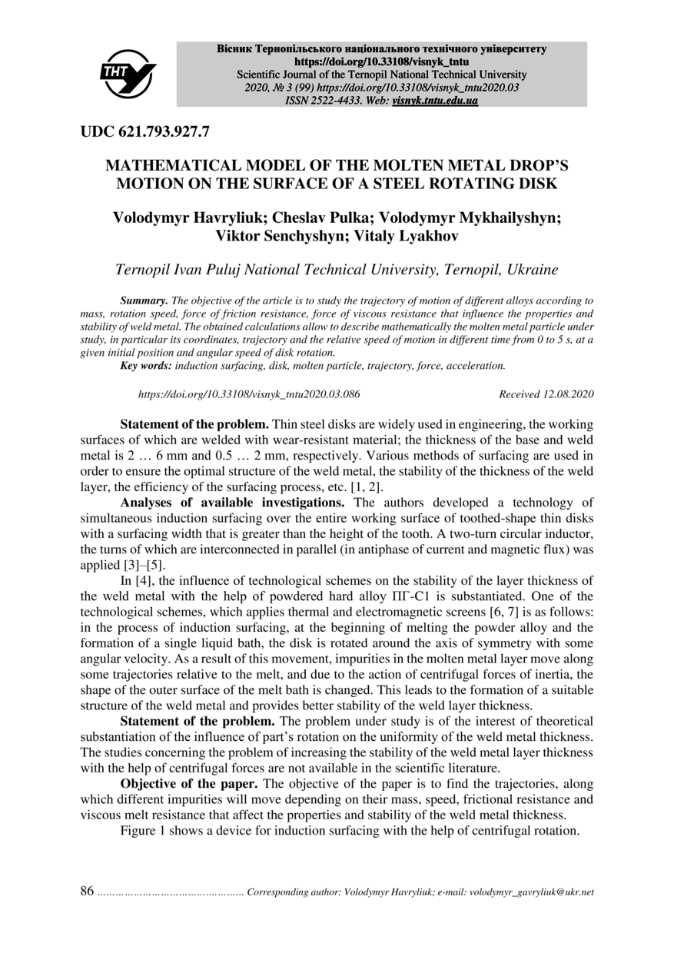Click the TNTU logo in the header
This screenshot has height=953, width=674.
pyautogui.click(x=128, y=74)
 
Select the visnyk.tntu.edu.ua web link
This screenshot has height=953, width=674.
pyautogui.click(x=435, y=101)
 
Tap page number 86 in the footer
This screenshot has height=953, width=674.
pyautogui.click(x=87, y=892)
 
